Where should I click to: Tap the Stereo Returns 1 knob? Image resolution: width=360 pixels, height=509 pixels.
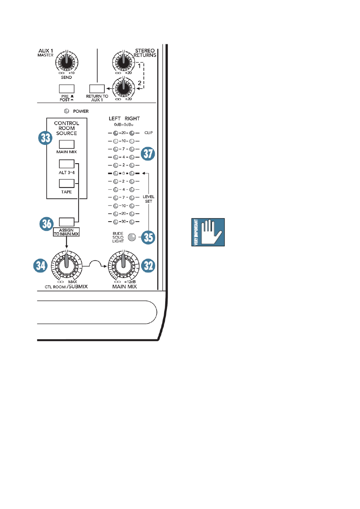tap(123, 62)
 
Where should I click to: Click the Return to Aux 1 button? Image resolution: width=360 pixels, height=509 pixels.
tap(97, 89)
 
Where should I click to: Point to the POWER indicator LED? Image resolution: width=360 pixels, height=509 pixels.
tap(67, 111)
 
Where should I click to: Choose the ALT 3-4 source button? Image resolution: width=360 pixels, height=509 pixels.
tap(67, 164)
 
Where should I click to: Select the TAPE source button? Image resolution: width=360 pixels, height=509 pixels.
tap(67, 183)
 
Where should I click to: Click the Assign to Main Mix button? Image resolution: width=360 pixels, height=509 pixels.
tap(67, 222)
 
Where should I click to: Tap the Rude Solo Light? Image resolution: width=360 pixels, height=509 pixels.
tap(132, 237)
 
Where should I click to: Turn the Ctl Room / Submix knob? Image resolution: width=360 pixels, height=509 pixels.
tap(66, 265)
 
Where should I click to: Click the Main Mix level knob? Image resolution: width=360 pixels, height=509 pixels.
tap(123, 265)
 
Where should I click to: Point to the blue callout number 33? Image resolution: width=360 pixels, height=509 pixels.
tap(46, 138)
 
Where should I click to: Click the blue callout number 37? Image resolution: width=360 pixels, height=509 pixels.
tap(148, 153)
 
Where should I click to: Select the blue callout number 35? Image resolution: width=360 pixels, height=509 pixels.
tap(148, 237)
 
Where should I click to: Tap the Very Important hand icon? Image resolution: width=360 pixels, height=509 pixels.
tap(208, 232)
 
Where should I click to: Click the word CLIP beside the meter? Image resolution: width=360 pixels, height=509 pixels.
tap(149, 133)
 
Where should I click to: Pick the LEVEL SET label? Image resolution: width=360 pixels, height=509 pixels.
tap(149, 199)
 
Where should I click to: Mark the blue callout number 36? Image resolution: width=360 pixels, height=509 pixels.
tap(47, 224)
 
